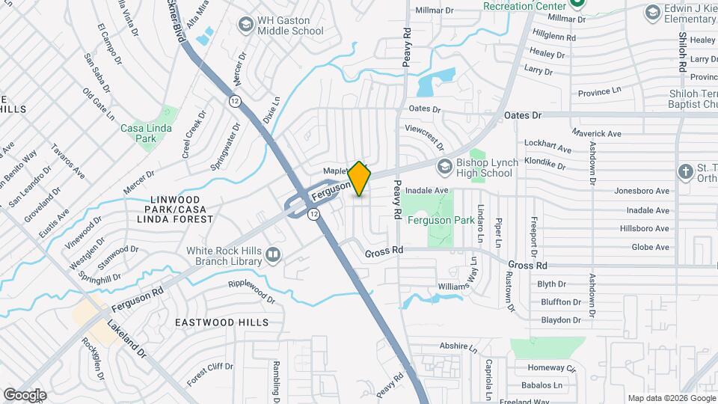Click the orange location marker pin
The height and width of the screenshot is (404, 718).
360,179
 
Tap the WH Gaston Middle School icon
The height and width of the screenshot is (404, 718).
245,25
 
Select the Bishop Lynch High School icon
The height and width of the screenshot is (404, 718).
446,165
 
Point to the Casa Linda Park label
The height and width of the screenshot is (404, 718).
147,133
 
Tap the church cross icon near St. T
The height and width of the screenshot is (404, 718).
685,171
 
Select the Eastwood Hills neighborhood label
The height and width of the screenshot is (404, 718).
221,322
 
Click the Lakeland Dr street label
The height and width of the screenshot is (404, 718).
124,336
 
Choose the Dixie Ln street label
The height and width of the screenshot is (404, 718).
271,110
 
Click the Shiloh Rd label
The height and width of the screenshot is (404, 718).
682,52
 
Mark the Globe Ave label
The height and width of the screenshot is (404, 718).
650,247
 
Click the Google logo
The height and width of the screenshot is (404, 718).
25,394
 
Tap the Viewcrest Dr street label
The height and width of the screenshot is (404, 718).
424,136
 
